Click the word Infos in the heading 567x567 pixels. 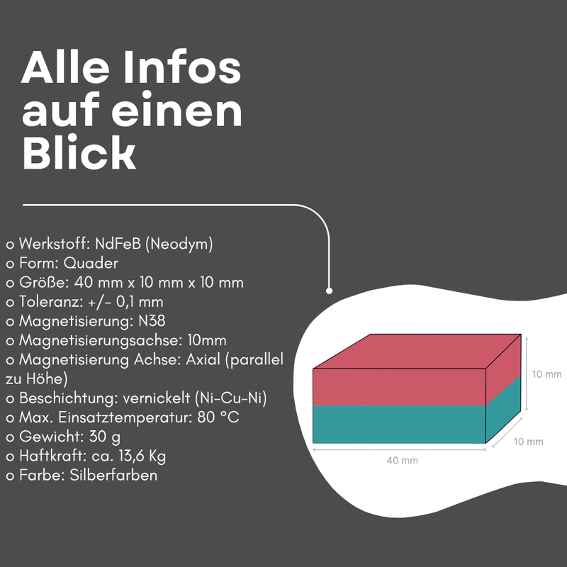(182, 67)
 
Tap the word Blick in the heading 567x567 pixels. (79, 152)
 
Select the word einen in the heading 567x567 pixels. (176, 110)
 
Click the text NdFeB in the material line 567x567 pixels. (118, 244)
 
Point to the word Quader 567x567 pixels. (91, 263)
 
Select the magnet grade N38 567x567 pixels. (152, 321)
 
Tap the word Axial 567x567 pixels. (203, 360)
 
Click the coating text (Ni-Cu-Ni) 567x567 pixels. (231, 398)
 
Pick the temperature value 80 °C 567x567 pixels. (218, 417)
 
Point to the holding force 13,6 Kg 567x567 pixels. (142, 456)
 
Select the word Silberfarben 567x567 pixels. (113, 476)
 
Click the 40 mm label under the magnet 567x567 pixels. (402, 461)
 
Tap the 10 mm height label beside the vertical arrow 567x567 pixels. (546, 374)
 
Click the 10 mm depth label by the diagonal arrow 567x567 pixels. (528, 442)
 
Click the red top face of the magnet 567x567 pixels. (417, 351)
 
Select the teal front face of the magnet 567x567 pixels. (399, 424)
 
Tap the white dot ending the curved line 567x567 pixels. (329, 291)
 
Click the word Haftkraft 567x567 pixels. (52, 456)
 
